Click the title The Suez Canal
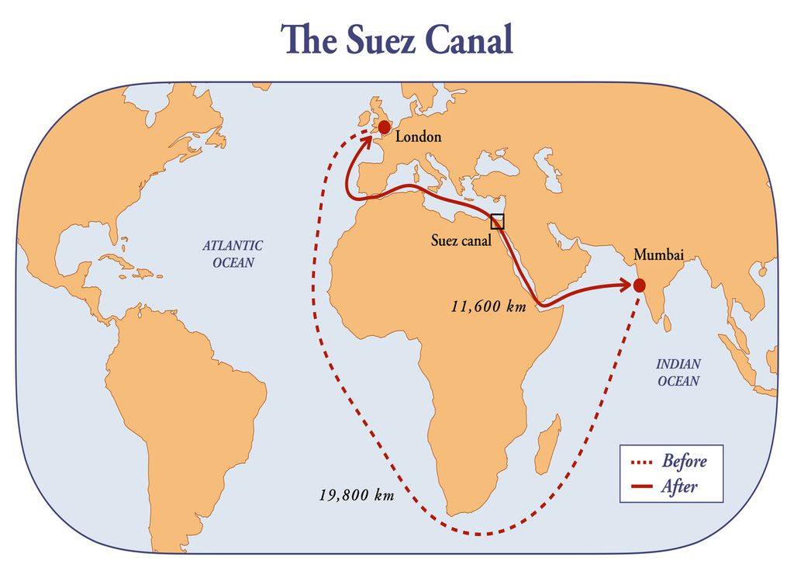tap(398, 39)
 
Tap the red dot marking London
tap(385, 126)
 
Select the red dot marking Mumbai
tap(640, 285)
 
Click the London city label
tap(418, 137)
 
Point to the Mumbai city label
tap(659, 254)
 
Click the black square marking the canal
tap(497, 221)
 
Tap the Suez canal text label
tap(461, 241)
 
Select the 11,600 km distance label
tap(488, 306)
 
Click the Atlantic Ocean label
tap(233, 254)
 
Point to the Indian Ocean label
tap(678, 372)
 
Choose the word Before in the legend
tap(684, 462)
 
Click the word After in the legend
tap(679, 487)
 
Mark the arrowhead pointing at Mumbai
tap(627, 285)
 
